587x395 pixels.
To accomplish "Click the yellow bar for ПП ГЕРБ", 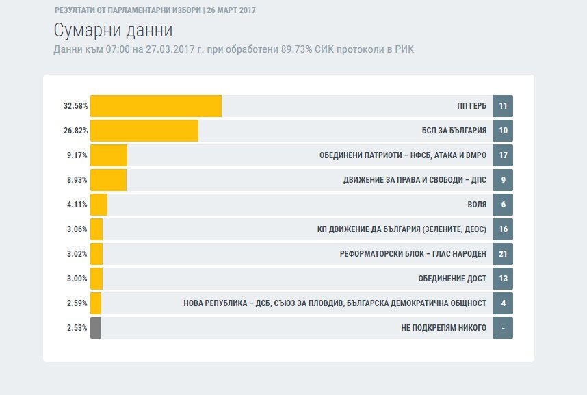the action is (156, 106).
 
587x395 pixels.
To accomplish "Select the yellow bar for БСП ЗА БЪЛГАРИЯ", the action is (144, 131).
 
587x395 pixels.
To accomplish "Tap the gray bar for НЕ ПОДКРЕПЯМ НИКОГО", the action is (96, 328).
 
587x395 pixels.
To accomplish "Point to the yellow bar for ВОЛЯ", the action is (99, 205).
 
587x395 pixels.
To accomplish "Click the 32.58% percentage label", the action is (76, 106).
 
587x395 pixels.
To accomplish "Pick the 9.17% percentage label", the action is (77, 155).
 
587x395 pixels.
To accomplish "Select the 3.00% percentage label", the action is (77, 279).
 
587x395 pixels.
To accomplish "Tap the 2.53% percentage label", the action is (77, 328).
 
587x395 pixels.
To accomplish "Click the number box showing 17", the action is (503, 155).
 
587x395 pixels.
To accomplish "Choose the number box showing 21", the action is (503, 254).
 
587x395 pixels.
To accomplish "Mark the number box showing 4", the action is (503, 303).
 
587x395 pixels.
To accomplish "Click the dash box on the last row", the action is (503, 328).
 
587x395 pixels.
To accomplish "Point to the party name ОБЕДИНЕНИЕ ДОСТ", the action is (452, 279).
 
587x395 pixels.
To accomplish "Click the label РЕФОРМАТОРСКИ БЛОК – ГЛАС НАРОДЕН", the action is (413, 254).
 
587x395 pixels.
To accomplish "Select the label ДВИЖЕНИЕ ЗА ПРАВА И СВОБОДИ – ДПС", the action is (415, 180).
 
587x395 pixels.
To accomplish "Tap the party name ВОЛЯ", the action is (477, 205).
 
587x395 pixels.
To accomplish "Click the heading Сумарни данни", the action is (113, 30).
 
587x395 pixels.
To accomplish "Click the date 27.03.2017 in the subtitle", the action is (170, 49).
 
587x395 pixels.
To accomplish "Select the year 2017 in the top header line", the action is (247, 10).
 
